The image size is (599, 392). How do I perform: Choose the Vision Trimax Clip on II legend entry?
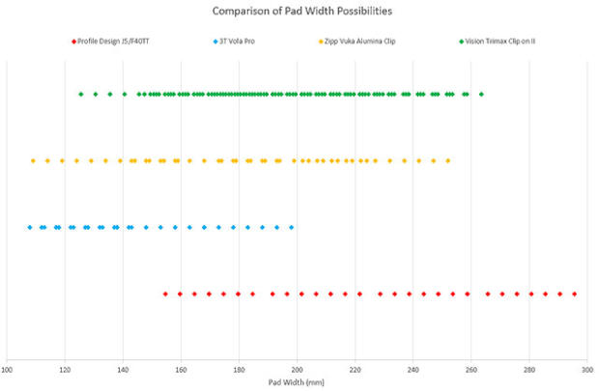click(503, 42)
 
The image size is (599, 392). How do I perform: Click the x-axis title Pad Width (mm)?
click(297, 382)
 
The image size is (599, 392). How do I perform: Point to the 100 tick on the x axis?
click(8, 368)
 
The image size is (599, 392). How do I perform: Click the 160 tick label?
click(181, 368)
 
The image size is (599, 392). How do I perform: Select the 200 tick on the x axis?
click(297, 368)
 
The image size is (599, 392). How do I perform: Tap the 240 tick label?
click(413, 368)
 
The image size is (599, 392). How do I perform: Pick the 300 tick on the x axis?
click(586, 368)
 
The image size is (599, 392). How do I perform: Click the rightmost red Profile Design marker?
click(575, 294)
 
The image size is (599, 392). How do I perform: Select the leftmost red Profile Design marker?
click(165, 294)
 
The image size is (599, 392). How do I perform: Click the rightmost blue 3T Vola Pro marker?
click(292, 228)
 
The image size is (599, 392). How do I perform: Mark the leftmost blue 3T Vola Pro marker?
click(30, 228)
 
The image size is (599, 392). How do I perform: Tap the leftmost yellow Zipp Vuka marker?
click(33, 161)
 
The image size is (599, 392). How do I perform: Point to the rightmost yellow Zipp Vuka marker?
click(447, 161)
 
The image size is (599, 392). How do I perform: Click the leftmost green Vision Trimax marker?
click(81, 95)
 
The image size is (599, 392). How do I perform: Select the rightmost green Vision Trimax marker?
click(481, 95)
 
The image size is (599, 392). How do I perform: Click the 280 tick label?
click(528, 368)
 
